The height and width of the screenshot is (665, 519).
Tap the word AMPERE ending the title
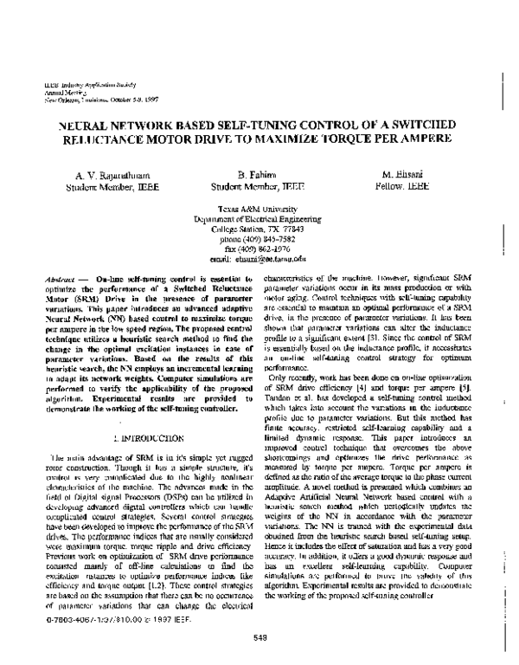(421, 139)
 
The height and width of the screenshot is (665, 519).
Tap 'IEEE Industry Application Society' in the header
(74, 87)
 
